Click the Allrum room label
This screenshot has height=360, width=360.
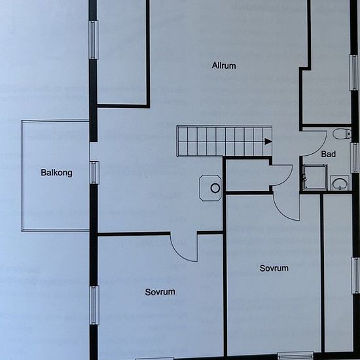[224, 65]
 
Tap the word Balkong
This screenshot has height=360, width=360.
[56, 173]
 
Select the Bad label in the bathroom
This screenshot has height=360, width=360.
[329, 154]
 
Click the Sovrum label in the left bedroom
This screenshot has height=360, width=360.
[160, 292]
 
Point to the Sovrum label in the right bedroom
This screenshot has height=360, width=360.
[274, 268]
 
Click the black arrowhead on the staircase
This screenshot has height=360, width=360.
[268, 141]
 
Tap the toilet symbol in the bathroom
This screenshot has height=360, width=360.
[342, 134]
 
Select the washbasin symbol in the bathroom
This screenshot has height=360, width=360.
[340, 183]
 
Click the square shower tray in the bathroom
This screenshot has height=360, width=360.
[315, 177]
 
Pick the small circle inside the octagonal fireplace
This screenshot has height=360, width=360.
[215, 189]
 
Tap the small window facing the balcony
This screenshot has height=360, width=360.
[94, 173]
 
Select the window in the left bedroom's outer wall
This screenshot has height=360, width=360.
[94, 305]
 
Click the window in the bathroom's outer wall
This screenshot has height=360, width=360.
[355, 158]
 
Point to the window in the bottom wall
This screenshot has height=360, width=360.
[296, 356]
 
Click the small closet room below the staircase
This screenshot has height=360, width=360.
[247, 175]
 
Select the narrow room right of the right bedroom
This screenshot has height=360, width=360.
[338, 273]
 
